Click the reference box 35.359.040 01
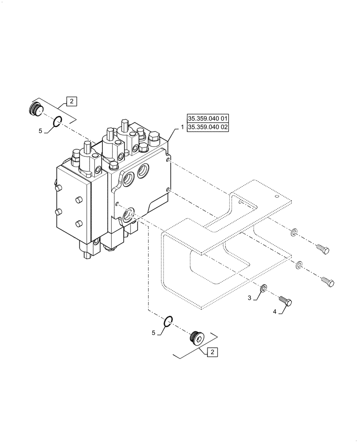click(x=208, y=118)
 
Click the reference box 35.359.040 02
click(x=208, y=127)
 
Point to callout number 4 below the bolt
click(x=275, y=312)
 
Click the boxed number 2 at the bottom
click(x=212, y=352)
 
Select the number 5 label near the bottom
click(x=153, y=332)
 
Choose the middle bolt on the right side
click(x=327, y=281)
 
